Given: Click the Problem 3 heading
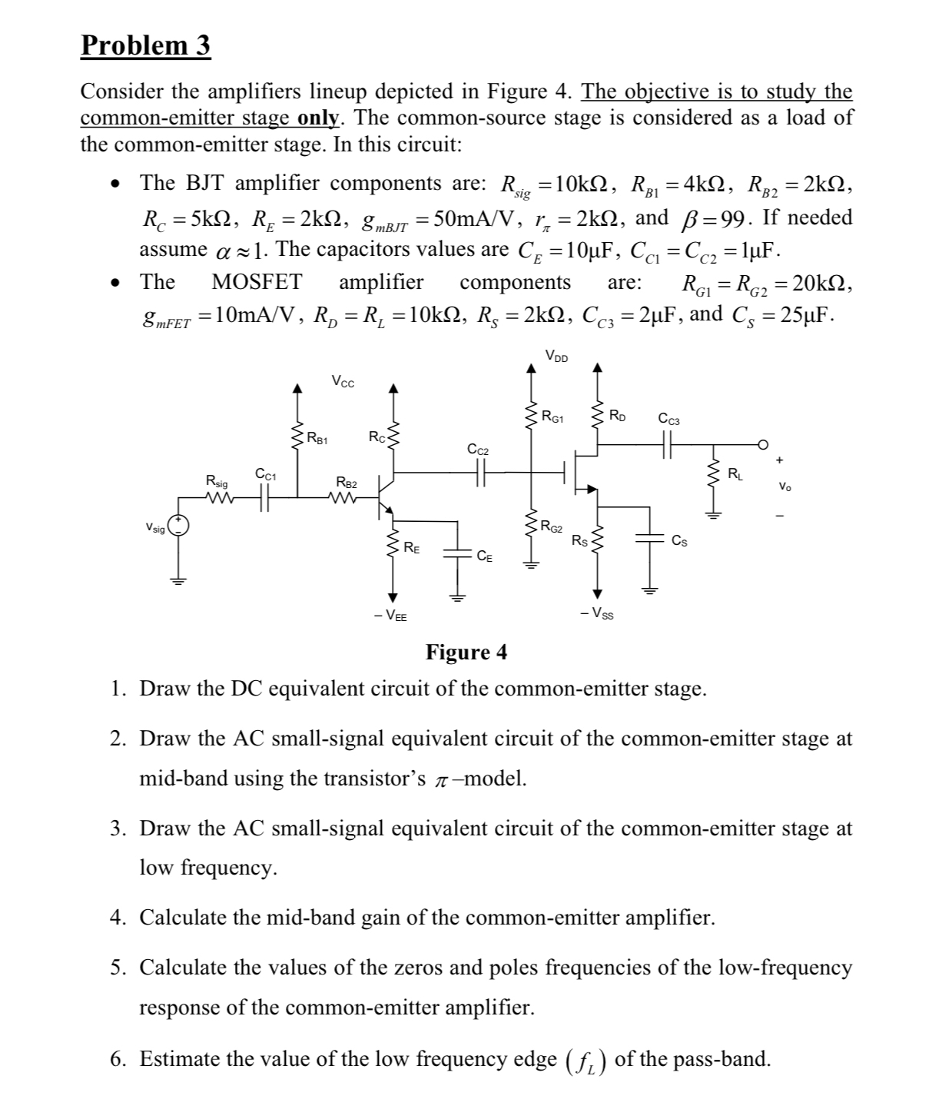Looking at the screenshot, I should pos(145,46).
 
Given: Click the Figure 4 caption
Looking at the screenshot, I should pos(466,652).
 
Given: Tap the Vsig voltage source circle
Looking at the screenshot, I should pos(178,526).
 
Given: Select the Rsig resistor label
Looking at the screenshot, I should pos(217,481).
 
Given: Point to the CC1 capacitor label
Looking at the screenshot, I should pos(266,474).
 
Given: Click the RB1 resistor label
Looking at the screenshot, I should pos(317,440).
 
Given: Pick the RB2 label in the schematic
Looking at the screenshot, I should pos(347,482).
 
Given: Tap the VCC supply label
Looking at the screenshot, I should pos(343,381).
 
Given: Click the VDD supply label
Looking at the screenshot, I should pos(557,355).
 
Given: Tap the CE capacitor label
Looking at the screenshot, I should pos(485,556).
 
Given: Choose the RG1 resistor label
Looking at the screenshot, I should pos(552,418).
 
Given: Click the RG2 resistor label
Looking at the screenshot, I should pos(551,526).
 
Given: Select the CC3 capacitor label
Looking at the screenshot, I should pos(668,420).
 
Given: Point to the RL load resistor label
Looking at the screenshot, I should pos(735,472).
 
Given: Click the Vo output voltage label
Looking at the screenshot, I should pos(784,486).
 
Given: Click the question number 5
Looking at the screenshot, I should pos(117,968).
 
